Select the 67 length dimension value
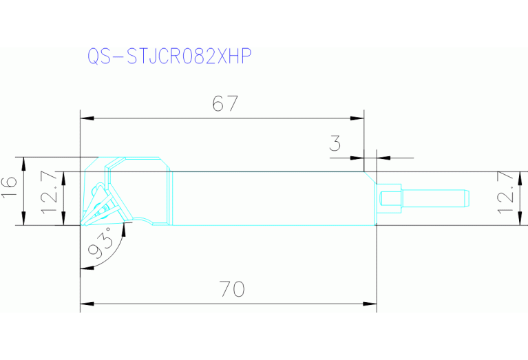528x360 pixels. pos(225,104)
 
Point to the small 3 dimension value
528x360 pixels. pos(335,143)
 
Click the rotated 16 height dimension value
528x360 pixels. pos(9,188)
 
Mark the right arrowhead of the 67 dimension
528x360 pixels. pos(357,118)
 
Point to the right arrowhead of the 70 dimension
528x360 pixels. pos(371,304)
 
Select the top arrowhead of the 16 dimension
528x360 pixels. pos(24,163)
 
